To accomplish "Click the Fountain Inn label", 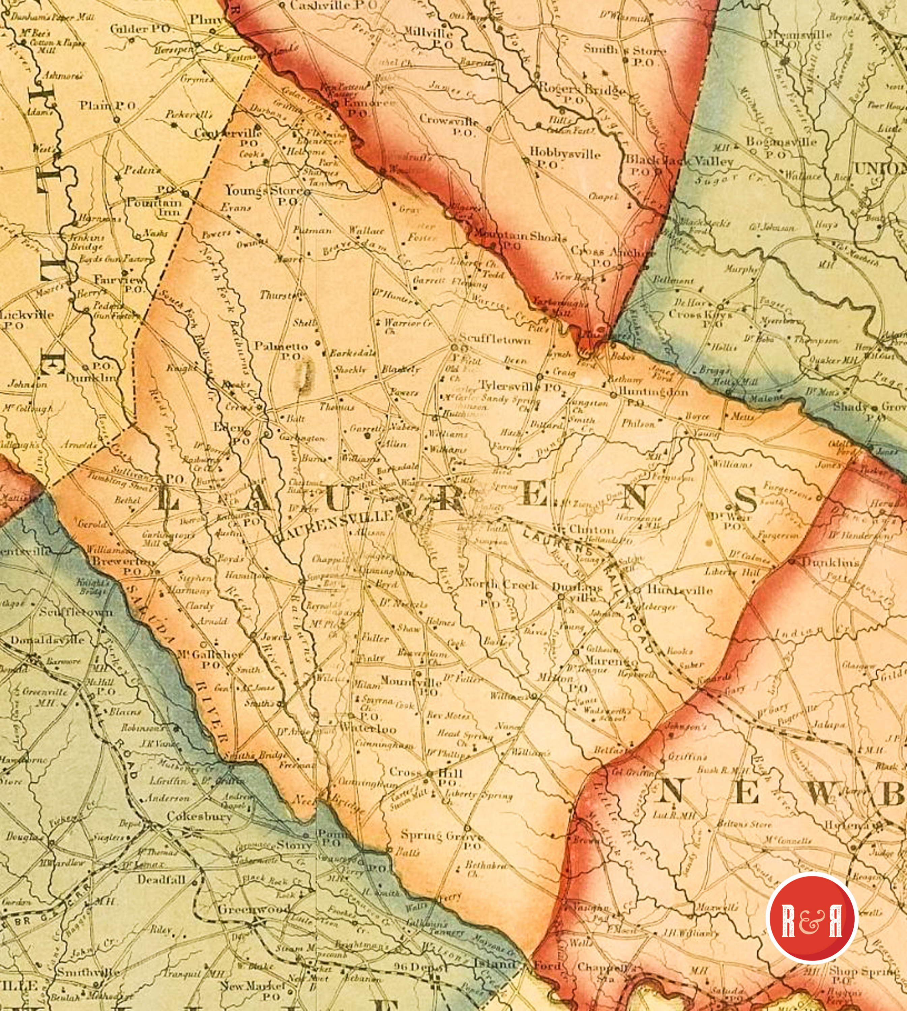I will click(154, 209).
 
